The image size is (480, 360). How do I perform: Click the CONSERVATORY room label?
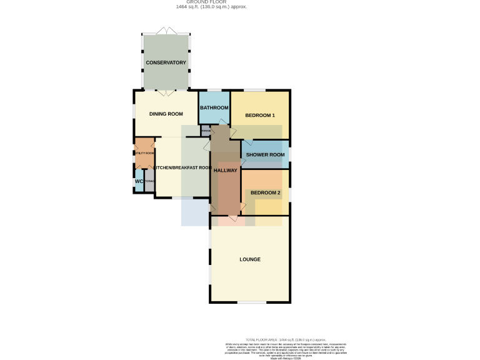[166, 63]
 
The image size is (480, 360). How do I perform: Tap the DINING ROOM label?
[166, 114]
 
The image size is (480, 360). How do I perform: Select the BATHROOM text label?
[214, 108]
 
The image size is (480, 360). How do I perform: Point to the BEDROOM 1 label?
[260, 116]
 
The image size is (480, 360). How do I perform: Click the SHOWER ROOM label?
[265, 154]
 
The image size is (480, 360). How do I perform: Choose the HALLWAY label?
[226, 170]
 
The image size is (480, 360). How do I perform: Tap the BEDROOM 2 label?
[265, 192]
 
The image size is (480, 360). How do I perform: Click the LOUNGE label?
[250, 259]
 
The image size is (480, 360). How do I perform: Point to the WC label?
[139, 182]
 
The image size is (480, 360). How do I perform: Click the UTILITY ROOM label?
[144, 153]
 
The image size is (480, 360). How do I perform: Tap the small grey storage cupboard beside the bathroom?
[205, 131]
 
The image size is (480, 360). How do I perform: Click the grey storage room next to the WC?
[149, 182]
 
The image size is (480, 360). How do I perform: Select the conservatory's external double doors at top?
[166, 31]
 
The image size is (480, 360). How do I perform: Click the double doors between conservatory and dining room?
[166, 93]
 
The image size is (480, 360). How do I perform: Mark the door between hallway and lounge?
[234, 218]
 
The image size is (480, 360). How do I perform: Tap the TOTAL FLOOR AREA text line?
[285, 339]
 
